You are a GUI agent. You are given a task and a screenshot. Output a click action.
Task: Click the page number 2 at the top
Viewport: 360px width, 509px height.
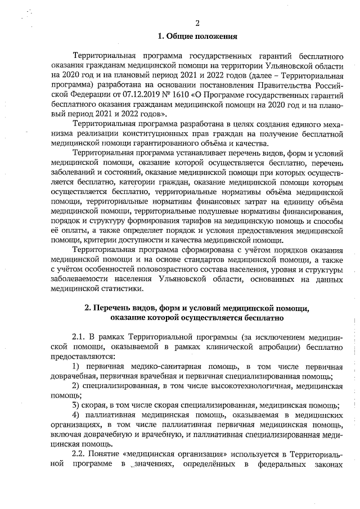pos(197,23)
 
